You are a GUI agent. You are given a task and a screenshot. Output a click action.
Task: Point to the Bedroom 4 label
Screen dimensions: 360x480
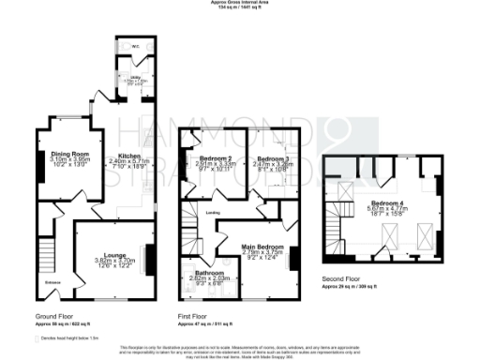pyautogui.click(x=386, y=202)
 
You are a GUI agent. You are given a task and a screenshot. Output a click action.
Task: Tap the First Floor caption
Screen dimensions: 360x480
pyautogui.click(x=195, y=316)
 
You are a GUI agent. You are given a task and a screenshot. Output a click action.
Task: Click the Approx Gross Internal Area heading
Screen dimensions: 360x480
pyautogui.click(x=239, y=3)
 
